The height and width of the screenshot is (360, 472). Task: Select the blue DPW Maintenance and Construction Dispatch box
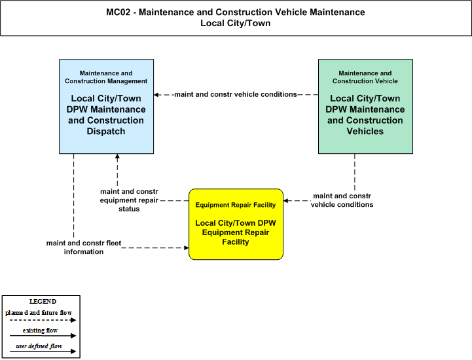click(x=106, y=106)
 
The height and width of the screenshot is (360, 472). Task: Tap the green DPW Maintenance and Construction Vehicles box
click(x=365, y=106)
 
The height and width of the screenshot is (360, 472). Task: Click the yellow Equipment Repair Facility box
click(x=236, y=225)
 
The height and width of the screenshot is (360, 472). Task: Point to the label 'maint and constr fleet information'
click(x=84, y=247)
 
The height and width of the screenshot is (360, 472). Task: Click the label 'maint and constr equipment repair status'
click(x=129, y=200)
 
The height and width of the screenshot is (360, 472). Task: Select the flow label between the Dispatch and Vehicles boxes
click(x=236, y=94)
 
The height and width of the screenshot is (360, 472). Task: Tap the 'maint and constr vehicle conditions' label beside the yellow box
click(x=342, y=200)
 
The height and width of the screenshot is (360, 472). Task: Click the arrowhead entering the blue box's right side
click(x=156, y=95)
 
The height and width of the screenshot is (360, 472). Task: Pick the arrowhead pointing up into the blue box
click(x=117, y=156)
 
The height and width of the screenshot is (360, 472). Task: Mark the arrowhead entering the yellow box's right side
click(x=285, y=201)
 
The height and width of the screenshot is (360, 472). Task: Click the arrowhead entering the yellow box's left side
click(x=187, y=247)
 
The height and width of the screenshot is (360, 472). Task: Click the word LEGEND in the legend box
click(x=43, y=301)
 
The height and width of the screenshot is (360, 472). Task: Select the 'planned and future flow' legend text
click(x=39, y=312)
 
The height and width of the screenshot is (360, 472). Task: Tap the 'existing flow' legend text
click(x=40, y=330)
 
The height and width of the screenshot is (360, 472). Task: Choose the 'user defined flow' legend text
click(x=39, y=346)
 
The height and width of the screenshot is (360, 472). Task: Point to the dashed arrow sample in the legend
click(x=43, y=320)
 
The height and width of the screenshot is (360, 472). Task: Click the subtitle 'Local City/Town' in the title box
click(x=236, y=23)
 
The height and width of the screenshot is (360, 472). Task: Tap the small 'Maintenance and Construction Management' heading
click(x=106, y=77)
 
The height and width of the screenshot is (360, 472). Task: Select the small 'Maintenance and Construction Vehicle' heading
click(x=365, y=77)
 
